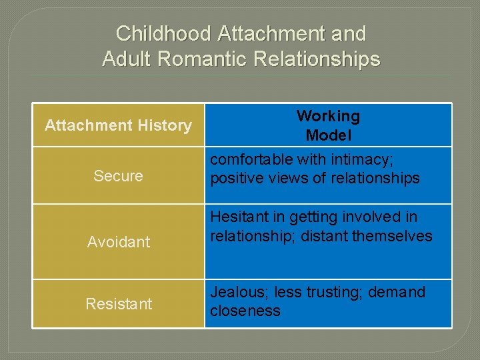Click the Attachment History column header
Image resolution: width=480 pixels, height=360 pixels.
[118, 125]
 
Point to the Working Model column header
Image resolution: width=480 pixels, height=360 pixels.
[328, 125]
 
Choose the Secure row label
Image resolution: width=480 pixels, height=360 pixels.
[118, 176]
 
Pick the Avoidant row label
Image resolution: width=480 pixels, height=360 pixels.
[119, 242]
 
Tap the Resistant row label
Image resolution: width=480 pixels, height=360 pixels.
[119, 304]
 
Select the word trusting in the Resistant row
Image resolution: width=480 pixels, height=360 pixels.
[333, 293]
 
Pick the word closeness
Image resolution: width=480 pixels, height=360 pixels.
[245, 311]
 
